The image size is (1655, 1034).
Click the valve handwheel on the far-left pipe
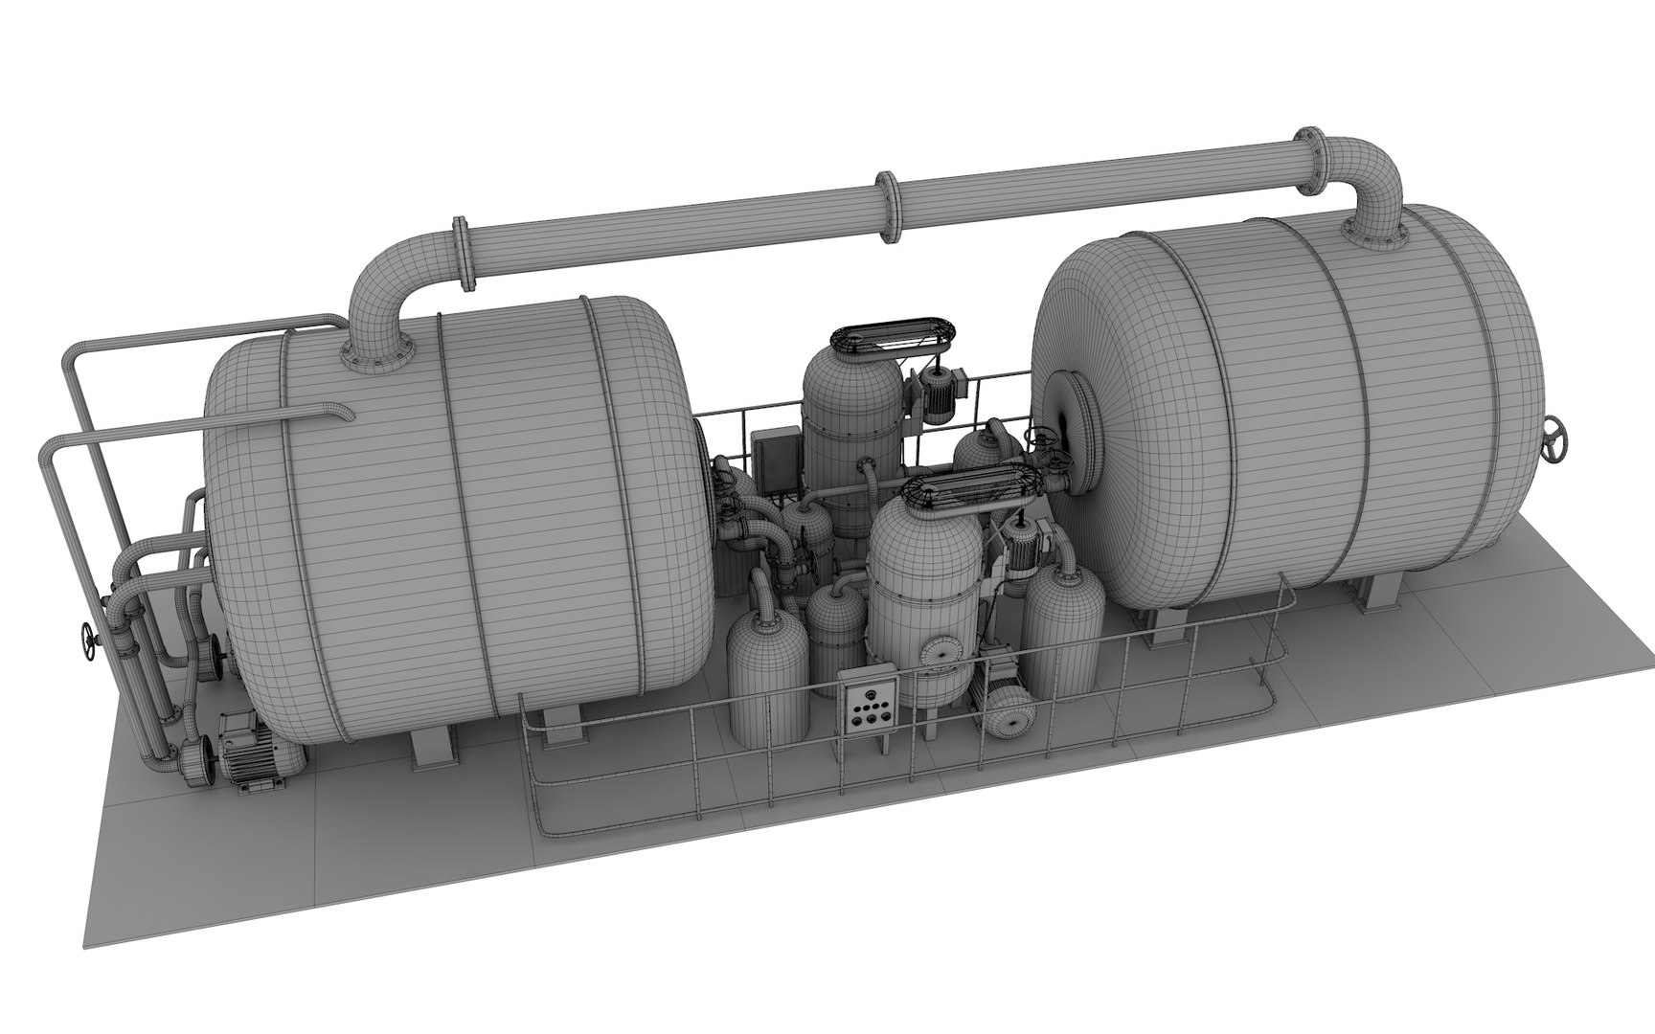88,641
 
